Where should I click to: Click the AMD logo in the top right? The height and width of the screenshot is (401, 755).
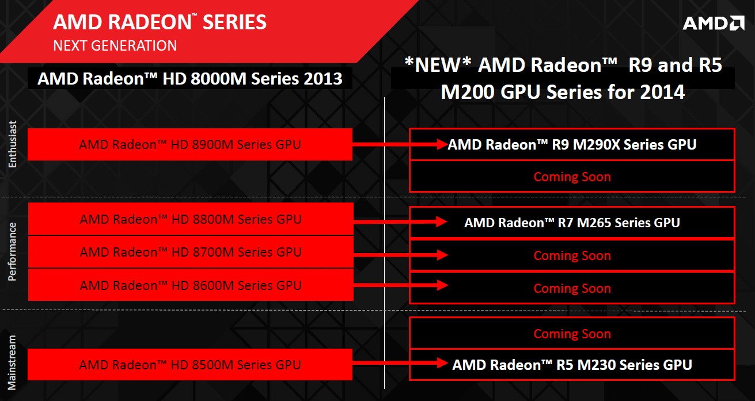pos(714,23)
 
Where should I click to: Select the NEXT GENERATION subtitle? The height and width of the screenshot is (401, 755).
pos(115,45)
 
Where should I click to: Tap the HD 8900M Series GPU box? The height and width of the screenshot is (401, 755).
pos(190,144)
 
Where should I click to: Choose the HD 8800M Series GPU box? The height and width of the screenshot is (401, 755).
pos(191,219)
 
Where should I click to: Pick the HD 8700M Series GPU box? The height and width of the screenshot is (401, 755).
pos(191,252)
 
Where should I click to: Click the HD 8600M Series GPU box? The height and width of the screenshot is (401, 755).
pos(191,285)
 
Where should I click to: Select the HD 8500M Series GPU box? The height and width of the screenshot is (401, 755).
pos(190,365)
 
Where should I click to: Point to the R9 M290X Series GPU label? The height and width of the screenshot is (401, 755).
pos(572,144)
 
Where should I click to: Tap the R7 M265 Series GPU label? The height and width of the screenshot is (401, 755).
pos(572,223)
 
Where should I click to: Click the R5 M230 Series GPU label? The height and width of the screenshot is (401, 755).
pos(572,365)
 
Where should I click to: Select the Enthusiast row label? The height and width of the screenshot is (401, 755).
pos(12,144)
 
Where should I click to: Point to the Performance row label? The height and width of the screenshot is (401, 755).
pos(12,251)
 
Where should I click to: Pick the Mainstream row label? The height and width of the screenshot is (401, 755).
pos(12,362)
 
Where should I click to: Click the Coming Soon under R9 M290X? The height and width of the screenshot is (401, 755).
pos(572,177)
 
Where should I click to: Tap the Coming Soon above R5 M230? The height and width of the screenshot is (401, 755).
pos(572,334)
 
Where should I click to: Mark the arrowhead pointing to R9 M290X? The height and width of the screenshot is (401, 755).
pos(442,144)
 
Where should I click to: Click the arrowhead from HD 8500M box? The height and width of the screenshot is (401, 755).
pos(442,363)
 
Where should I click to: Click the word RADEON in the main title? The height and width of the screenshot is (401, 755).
pos(150,22)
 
